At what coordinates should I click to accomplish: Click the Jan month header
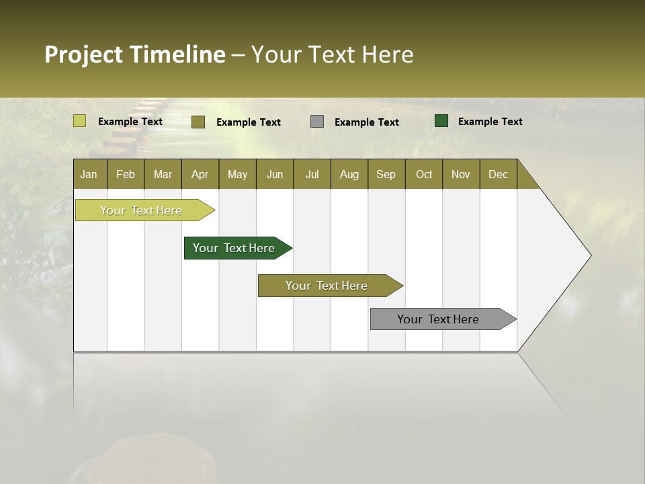click(89, 175)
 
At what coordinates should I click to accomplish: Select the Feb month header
click(126, 175)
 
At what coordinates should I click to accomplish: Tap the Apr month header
click(200, 175)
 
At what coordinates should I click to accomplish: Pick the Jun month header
click(274, 175)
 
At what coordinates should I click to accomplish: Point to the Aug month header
click(349, 175)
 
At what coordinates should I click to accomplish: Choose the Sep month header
click(386, 175)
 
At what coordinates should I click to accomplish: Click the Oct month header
click(423, 175)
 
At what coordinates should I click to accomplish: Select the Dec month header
click(498, 175)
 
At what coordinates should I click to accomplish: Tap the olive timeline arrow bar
click(327, 286)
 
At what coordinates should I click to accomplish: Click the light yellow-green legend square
click(79, 121)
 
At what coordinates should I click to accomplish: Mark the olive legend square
click(198, 122)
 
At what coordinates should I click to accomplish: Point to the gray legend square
click(317, 122)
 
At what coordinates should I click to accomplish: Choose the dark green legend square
click(441, 121)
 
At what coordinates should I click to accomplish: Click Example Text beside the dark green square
click(490, 122)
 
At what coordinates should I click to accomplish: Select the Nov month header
click(460, 175)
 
